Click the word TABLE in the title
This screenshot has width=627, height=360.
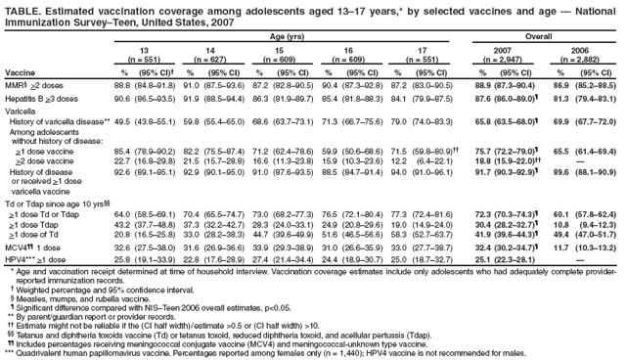click(x=21, y=8)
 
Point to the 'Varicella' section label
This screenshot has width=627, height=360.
click(x=22, y=112)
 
